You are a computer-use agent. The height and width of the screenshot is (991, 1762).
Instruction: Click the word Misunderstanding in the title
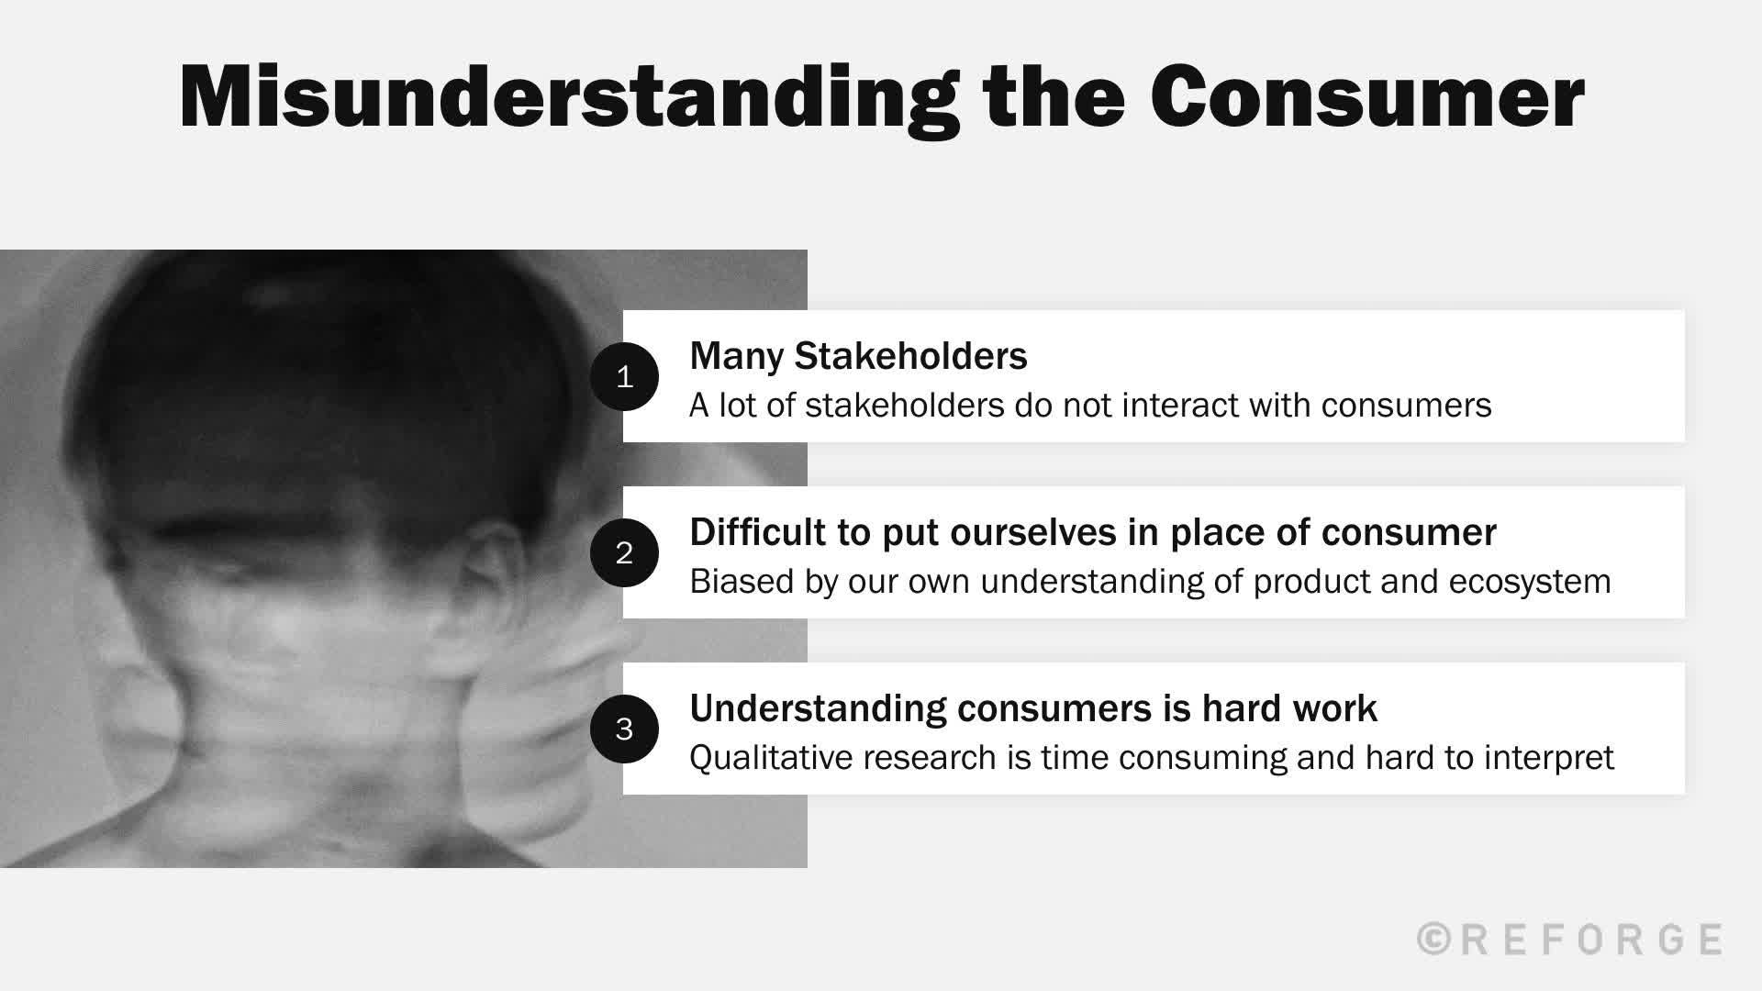point(569,98)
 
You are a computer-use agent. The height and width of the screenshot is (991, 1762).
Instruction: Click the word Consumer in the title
point(1366,98)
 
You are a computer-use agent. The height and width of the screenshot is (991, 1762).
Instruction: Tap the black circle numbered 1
point(624,376)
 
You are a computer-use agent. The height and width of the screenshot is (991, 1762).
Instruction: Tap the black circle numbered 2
point(624,552)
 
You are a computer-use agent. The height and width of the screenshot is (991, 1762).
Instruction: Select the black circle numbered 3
point(624,729)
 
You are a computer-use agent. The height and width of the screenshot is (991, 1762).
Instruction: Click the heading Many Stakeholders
point(858,356)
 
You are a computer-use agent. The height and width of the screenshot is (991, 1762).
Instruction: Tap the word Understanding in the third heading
point(817,708)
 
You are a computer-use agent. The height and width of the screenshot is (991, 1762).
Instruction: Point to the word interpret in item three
point(1549,758)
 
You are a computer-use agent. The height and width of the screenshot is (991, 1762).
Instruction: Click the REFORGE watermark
point(1591,940)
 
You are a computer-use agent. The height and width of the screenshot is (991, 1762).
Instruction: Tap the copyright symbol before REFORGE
point(1434,940)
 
